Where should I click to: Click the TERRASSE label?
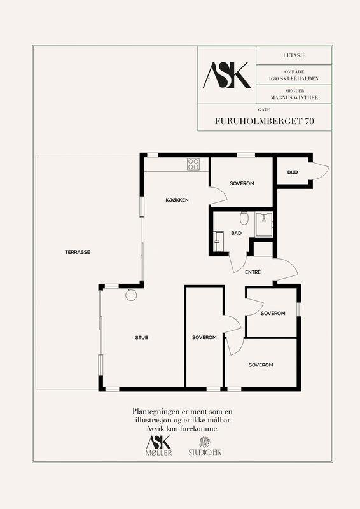point(77,252)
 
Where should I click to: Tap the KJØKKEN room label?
point(177,200)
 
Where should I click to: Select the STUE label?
point(142,338)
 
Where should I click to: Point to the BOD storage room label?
point(293,172)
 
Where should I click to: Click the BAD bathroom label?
point(237,233)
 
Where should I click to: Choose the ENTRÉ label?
point(253,272)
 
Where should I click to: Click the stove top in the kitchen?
point(193,164)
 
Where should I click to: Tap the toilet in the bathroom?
point(244,218)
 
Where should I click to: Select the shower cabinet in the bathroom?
point(264,224)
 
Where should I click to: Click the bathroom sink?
point(218,241)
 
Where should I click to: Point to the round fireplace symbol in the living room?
point(131,295)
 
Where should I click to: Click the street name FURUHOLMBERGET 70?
point(264,121)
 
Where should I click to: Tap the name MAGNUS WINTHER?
point(294,97)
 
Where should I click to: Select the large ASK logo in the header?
point(227,75)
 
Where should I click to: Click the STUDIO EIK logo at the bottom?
point(205,447)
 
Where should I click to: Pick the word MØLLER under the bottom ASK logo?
point(159,452)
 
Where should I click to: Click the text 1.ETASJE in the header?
point(294,55)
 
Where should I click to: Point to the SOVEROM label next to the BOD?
point(242,183)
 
